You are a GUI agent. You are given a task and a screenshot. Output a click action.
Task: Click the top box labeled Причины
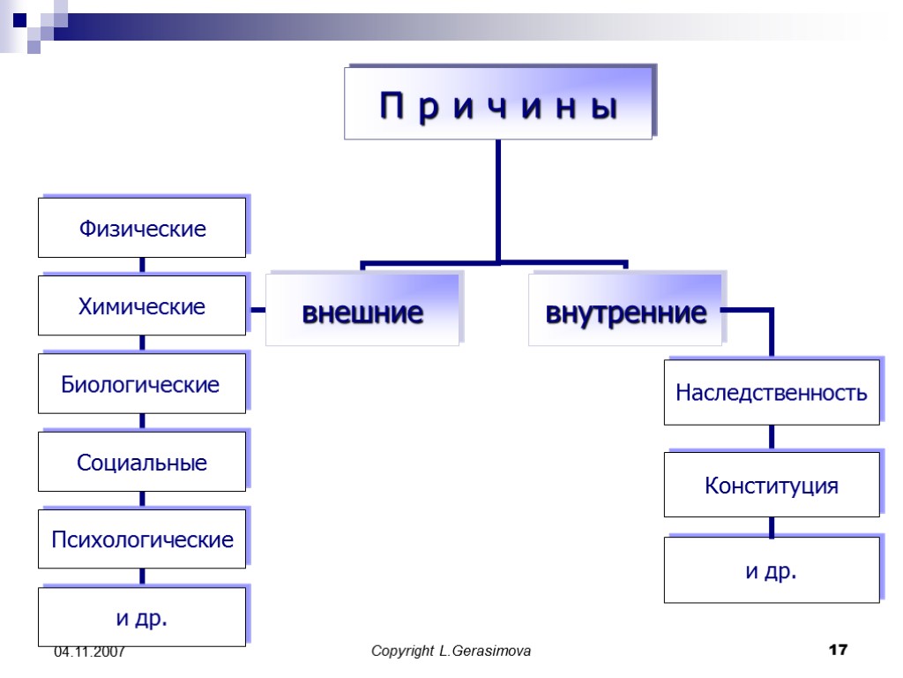[498, 106]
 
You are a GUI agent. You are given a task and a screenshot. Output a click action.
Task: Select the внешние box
[362, 312]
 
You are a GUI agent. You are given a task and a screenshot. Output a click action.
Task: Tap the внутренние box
[625, 312]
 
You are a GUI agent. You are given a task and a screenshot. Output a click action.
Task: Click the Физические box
[142, 229]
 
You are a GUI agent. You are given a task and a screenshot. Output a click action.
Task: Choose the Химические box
[142, 306]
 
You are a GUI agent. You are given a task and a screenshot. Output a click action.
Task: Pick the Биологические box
[142, 385]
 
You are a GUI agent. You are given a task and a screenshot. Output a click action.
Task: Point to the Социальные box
[142, 462]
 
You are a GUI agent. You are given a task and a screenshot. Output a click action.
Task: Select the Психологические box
[142, 539]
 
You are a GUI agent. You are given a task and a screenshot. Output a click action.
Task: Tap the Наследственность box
[772, 392]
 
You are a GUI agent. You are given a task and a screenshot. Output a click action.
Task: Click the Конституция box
[772, 485]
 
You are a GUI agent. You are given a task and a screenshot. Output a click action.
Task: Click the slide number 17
[838, 651]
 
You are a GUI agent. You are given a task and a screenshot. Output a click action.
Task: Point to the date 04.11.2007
[89, 652]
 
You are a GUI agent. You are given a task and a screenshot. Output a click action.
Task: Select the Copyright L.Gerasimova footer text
[451, 652]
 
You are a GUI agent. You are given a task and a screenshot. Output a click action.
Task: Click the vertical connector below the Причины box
[498, 199]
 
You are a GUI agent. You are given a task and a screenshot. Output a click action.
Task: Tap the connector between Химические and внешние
[257, 310]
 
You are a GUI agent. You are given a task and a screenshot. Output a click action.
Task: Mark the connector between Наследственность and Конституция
[772, 438]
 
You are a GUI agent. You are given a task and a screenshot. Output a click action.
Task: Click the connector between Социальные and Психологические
[142, 500]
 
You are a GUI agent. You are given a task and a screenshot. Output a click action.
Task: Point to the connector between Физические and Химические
[142, 266]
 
